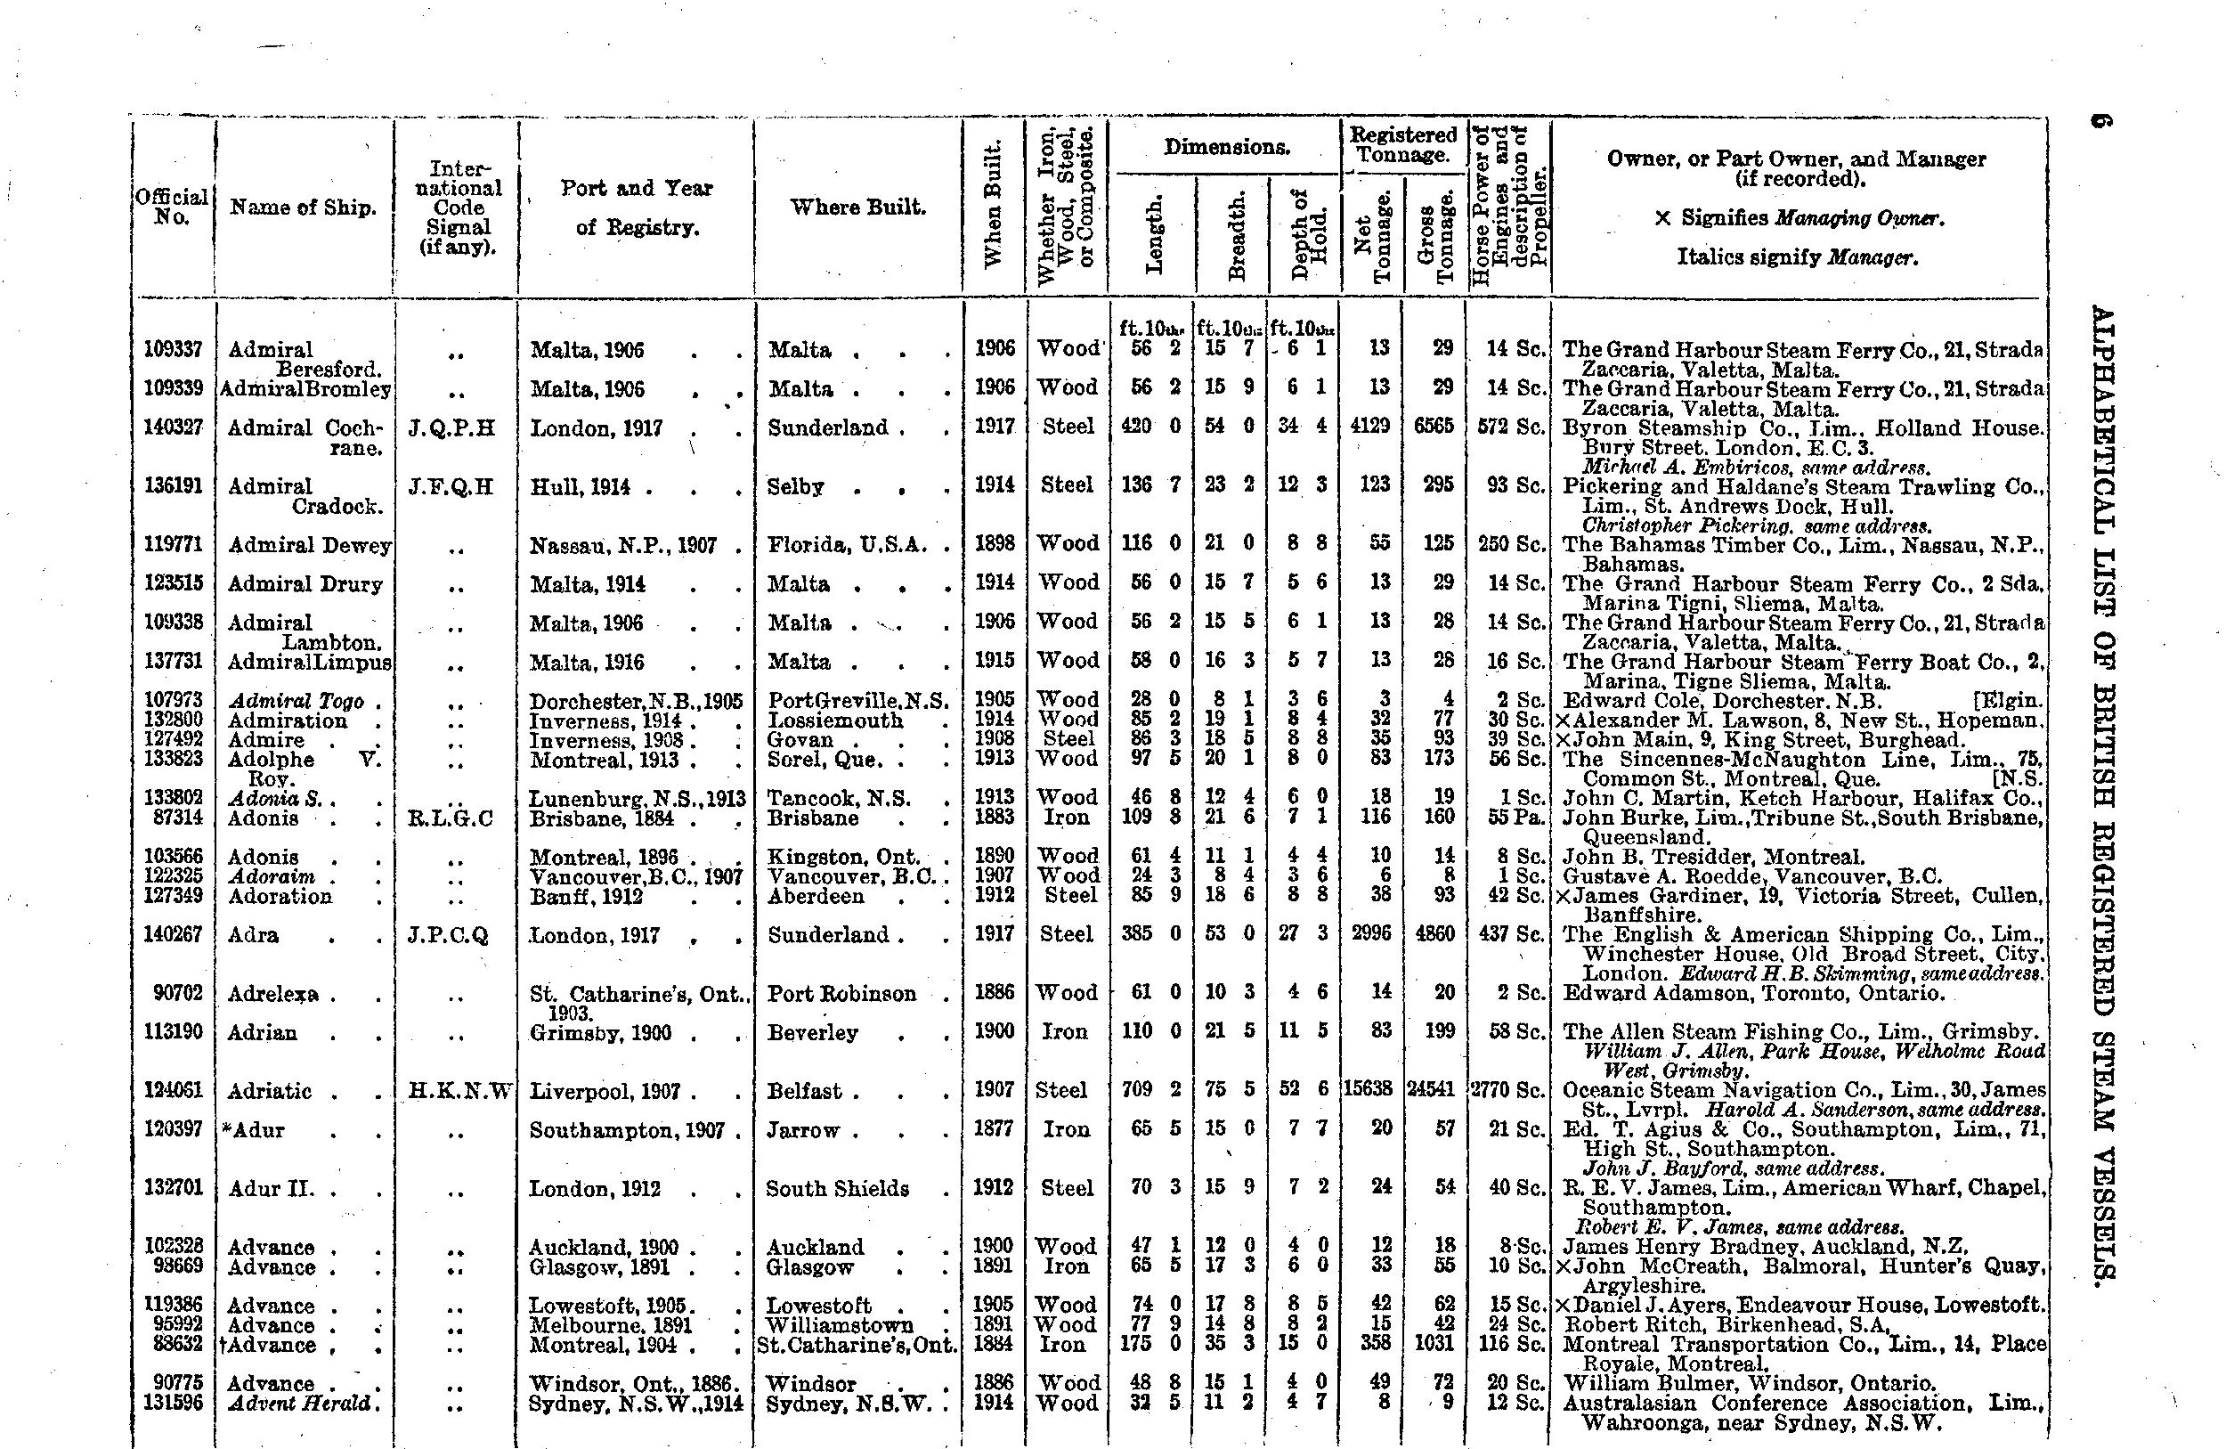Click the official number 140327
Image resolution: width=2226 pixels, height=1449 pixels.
[172, 427]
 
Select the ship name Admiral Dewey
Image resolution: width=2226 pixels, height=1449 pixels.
[309, 544]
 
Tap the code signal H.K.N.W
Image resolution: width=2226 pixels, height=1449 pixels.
[460, 1091]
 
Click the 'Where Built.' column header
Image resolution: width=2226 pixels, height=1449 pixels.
[857, 207]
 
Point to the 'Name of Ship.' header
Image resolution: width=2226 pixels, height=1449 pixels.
[303, 208]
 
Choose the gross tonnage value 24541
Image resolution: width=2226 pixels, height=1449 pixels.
[1432, 1090]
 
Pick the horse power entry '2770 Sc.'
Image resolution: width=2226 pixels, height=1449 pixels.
[1507, 1090]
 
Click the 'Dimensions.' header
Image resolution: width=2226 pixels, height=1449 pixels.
[1226, 147]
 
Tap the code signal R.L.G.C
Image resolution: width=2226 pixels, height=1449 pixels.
[450, 818]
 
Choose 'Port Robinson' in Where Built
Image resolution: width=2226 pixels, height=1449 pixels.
[841, 993]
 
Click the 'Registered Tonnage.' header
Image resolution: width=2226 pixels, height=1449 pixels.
[1402, 145]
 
